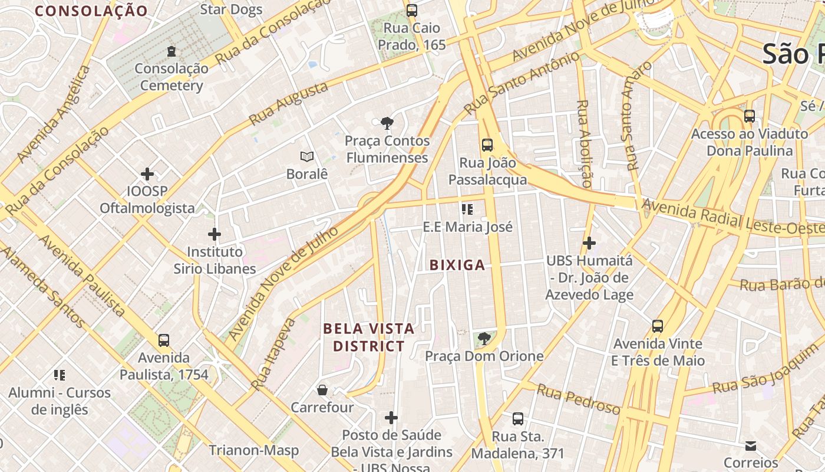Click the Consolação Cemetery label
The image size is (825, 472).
coord(171,77)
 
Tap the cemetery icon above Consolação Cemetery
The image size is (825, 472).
coord(171,51)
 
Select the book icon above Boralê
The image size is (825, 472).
coord(306,156)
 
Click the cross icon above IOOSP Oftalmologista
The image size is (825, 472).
coord(147,174)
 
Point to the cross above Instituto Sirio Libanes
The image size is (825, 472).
coord(214,234)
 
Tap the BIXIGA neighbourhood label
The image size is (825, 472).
coord(457,265)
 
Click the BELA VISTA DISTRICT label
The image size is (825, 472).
coord(369,337)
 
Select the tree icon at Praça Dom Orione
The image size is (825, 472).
coord(484,339)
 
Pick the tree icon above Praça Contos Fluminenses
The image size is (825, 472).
coord(387,123)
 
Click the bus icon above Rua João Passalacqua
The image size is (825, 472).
coord(487,145)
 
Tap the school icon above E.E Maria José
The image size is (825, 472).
coord(467,209)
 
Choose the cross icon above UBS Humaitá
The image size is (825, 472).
coord(589,242)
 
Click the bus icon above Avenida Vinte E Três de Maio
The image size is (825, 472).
coord(658,326)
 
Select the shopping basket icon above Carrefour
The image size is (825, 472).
coord(322,390)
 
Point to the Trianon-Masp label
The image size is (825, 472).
coord(254,450)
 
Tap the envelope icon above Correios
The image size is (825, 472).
coord(751,445)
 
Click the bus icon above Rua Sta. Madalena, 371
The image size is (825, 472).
coord(518,419)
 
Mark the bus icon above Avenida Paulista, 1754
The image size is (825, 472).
coord(164,340)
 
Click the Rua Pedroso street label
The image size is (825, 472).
coord(578,399)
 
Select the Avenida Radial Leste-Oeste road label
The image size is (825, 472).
coord(733,218)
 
